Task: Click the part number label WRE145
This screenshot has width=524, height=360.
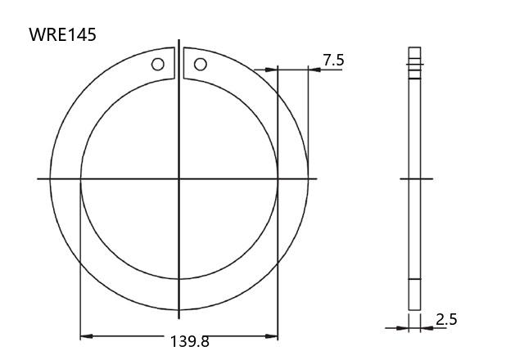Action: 62,34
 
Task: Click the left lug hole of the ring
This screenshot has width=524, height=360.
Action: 158,64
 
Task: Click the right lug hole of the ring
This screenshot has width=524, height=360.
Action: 200,64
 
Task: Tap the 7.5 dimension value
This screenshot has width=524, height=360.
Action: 333,60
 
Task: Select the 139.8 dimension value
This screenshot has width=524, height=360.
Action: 190,341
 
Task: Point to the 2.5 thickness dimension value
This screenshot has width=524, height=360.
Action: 446,320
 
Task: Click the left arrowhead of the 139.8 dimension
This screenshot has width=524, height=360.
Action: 86,336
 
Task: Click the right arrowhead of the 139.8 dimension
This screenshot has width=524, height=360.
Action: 272,336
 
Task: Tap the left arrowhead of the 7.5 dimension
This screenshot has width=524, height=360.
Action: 272,70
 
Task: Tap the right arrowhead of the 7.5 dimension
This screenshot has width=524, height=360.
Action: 314,70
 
